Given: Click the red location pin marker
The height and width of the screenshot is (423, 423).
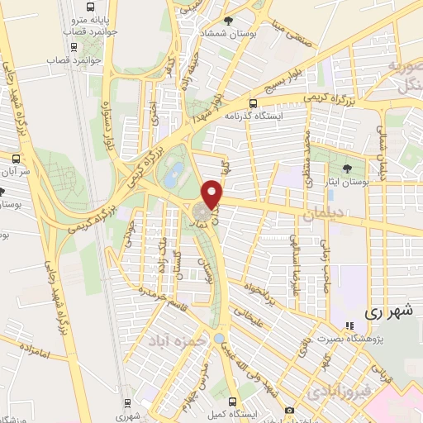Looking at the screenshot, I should pyautogui.click(x=213, y=193).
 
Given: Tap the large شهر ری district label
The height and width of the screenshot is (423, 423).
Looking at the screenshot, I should pyautogui.click(x=384, y=313).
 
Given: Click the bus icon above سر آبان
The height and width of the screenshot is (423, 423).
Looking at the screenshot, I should pyautogui.click(x=16, y=156).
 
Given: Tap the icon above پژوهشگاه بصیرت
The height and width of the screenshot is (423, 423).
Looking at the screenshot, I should pyautogui.click(x=349, y=326).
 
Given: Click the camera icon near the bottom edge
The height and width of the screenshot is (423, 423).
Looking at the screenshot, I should pyautogui.click(x=289, y=410).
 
